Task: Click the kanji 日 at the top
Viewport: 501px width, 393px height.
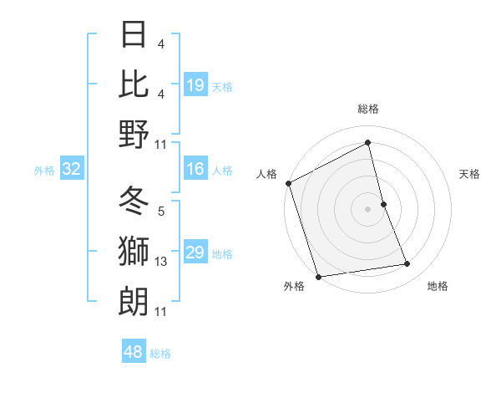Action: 134,34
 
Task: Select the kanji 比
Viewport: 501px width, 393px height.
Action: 134,84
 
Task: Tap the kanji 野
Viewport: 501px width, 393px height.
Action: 134,134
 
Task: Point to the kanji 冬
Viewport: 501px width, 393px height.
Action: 134,202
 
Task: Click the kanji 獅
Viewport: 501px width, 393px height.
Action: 134,252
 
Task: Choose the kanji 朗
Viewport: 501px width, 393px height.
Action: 134,301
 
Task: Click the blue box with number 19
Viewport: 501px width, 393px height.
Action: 195,84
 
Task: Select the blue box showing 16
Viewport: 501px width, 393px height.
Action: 195,170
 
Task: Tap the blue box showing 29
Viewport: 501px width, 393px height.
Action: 195,253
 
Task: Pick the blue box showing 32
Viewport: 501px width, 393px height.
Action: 72,170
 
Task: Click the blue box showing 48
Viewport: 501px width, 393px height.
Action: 134,352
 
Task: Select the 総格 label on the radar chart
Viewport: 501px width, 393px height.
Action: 368,110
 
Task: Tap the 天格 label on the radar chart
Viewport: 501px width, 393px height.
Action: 469,174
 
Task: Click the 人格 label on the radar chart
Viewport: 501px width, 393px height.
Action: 267,174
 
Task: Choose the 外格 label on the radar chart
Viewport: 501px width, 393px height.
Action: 294,286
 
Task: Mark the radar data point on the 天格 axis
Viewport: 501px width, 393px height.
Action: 383,203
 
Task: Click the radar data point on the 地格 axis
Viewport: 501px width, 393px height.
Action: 407,264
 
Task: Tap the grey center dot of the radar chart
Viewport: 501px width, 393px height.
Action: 368,208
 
